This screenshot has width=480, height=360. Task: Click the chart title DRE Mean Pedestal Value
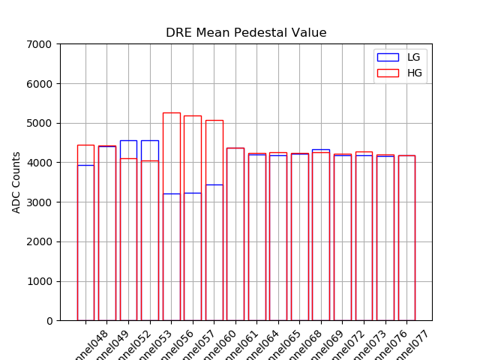246,33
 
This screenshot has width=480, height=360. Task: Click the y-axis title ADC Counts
16,182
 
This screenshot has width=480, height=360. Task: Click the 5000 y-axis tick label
40,123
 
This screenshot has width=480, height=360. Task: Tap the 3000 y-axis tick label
40,202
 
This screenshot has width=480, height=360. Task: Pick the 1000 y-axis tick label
40,281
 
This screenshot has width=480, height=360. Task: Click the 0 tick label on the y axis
49,321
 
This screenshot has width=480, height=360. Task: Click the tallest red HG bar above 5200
171,113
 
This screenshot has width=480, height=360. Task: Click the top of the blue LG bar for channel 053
150,140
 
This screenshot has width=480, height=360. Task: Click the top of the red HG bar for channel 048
85,145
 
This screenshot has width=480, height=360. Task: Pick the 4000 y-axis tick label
40,163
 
